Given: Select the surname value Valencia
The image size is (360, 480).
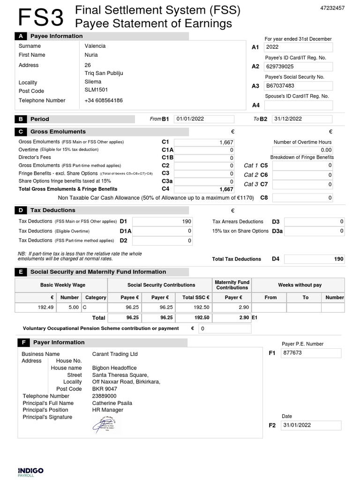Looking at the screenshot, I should pyautogui.click(x=95, y=46).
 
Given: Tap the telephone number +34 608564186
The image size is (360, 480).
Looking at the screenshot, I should pyautogui.click(x=104, y=100).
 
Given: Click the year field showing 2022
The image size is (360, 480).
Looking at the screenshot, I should pyautogui.click(x=298, y=47).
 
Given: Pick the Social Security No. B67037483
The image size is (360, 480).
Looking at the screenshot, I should pyautogui.click(x=298, y=86).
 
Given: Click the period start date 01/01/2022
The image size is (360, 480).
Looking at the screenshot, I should pyautogui.click(x=203, y=119).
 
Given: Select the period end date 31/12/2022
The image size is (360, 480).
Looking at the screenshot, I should pyautogui.click(x=303, y=119).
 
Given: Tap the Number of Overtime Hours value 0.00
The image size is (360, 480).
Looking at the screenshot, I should pyautogui.click(x=303, y=150).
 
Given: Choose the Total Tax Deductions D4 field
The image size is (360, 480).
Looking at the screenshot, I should pyautogui.click(x=314, y=259).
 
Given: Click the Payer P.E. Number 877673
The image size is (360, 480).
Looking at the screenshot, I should pyautogui.click(x=311, y=353).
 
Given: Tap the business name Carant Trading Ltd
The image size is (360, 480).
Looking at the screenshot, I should pyautogui.click(x=115, y=354).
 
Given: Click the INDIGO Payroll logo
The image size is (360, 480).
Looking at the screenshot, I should pyautogui.click(x=30, y=471).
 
